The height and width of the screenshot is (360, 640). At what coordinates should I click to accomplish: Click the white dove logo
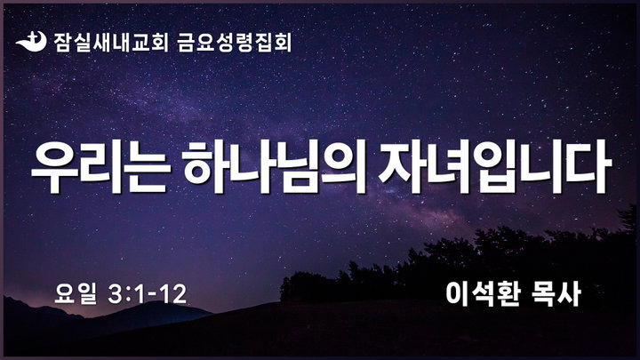pyautogui.click(x=31, y=42)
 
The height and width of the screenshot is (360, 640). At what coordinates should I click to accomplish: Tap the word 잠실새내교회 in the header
pyautogui.click(x=110, y=43)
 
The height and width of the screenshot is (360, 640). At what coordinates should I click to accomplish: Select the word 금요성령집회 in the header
pyautogui.click(x=235, y=43)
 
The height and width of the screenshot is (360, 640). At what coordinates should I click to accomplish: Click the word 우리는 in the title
pyautogui.click(x=100, y=167)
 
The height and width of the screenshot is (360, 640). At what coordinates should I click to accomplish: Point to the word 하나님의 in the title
pyautogui.click(x=275, y=167)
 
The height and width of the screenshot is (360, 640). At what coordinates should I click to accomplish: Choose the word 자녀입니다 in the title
pyautogui.click(x=495, y=167)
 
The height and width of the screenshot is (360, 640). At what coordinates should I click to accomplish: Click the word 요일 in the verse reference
pyautogui.click(x=76, y=294)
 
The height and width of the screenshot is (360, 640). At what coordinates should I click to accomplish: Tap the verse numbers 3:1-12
pyautogui.click(x=148, y=294)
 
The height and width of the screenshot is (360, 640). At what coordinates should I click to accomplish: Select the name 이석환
pyautogui.click(x=483, y=294)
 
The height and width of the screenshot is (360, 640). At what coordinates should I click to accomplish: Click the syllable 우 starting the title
pyautogui.click(x=54, y=167)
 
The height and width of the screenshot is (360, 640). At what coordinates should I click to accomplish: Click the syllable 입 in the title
pyautogui.click(x=499, y=167)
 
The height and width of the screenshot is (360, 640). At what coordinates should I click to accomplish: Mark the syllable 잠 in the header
pyautogui.click(x=63, y=43)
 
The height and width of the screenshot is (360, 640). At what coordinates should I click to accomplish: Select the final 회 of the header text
pyautogui.click(x=283, y=43)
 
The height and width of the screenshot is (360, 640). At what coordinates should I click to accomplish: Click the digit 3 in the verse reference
pyautogui.click(x=115, y=294)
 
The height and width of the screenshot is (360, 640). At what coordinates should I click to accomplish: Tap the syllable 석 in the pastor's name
pyautogui.click(x=483, y=294)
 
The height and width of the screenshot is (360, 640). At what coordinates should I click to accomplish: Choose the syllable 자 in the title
pyautogui.click(x=401, y=167)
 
